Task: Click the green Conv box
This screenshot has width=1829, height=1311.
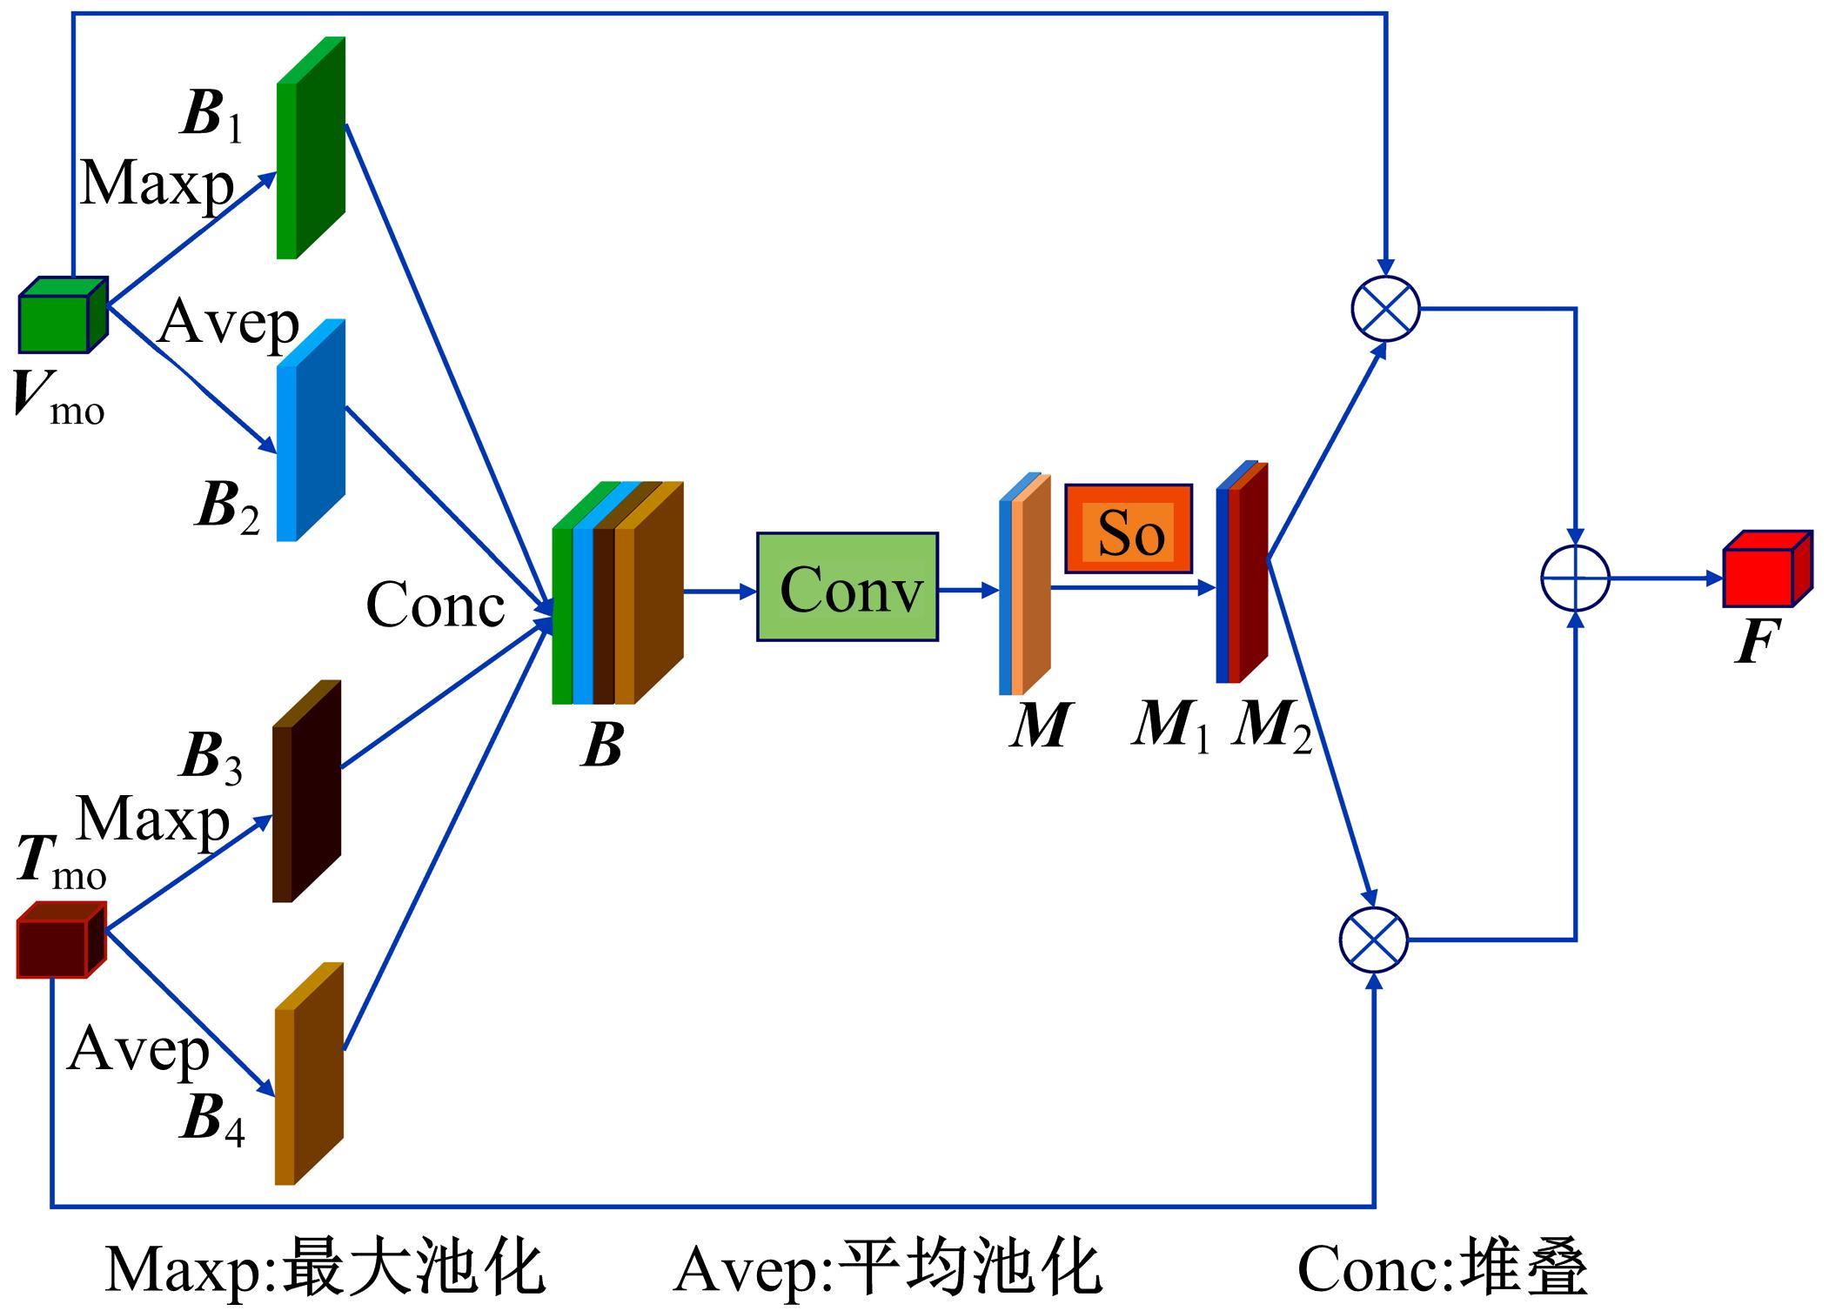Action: [847, 587]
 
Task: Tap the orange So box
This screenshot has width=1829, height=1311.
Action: [1129, 529]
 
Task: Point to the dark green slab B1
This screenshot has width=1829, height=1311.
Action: [311, 148]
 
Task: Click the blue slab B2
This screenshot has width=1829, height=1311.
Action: [311, 431]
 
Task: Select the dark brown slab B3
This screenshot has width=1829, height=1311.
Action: [306, 791]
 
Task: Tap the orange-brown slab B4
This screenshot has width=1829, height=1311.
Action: [309, 1074]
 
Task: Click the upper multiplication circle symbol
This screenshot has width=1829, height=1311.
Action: [1385, 309]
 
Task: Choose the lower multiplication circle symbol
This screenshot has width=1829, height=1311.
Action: [1374, 940]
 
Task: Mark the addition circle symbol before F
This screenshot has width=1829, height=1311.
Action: [1575, 578]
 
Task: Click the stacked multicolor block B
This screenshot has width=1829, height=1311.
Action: [617, 593]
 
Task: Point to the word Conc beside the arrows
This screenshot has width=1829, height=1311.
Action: [435, 604]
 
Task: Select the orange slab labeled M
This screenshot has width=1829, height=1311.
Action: [1025, 585]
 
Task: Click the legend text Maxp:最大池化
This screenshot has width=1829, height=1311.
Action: [325, 1268]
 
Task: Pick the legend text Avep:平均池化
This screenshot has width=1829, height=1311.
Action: [888, 1268]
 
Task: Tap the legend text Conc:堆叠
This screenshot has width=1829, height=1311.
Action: [1442, 1268]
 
